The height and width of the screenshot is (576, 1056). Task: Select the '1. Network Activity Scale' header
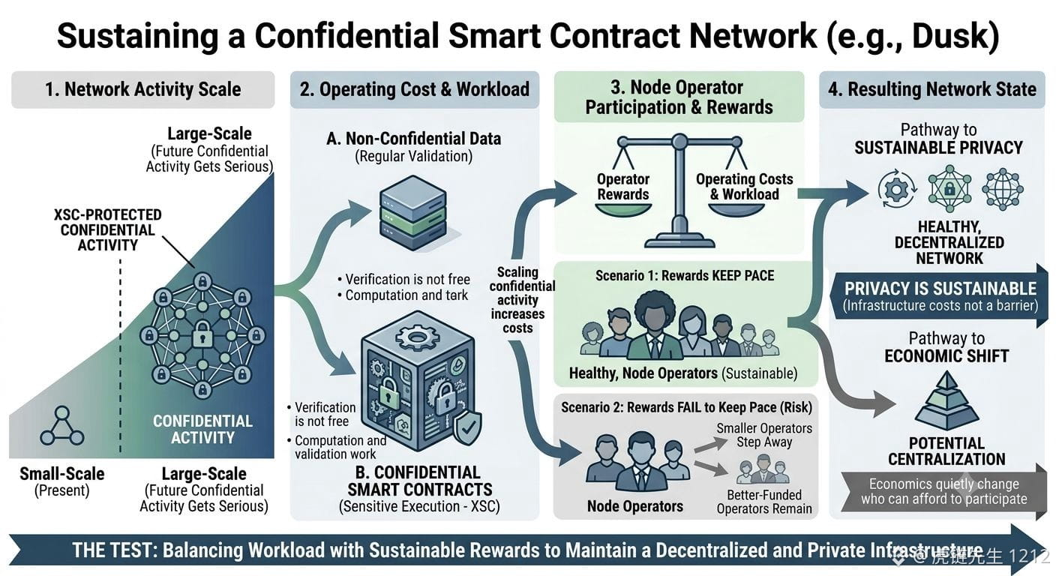[142, 89]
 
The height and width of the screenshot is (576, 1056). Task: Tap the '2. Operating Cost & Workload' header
[415, 89]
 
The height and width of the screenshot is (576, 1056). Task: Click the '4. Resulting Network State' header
[932, 89]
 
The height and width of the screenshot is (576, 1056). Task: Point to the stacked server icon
[413, 212]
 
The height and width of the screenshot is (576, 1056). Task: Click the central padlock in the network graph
[202, 334]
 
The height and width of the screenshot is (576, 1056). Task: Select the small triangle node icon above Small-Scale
[61, 426]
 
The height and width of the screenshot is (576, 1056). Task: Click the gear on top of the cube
[417, 337]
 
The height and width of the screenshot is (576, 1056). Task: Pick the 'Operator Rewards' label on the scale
[622, 187]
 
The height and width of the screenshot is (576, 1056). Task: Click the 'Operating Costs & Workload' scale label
[745, 187]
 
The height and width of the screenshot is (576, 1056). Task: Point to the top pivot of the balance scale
[679, 142]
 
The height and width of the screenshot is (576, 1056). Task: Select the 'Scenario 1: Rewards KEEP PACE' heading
[685, 276]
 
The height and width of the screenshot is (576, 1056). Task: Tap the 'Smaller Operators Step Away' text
[764, 435]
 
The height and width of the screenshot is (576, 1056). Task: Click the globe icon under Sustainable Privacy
[1002, 189]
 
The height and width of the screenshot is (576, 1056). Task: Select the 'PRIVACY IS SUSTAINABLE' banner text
[940, 289]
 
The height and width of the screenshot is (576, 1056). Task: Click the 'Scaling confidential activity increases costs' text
[518, 300]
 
